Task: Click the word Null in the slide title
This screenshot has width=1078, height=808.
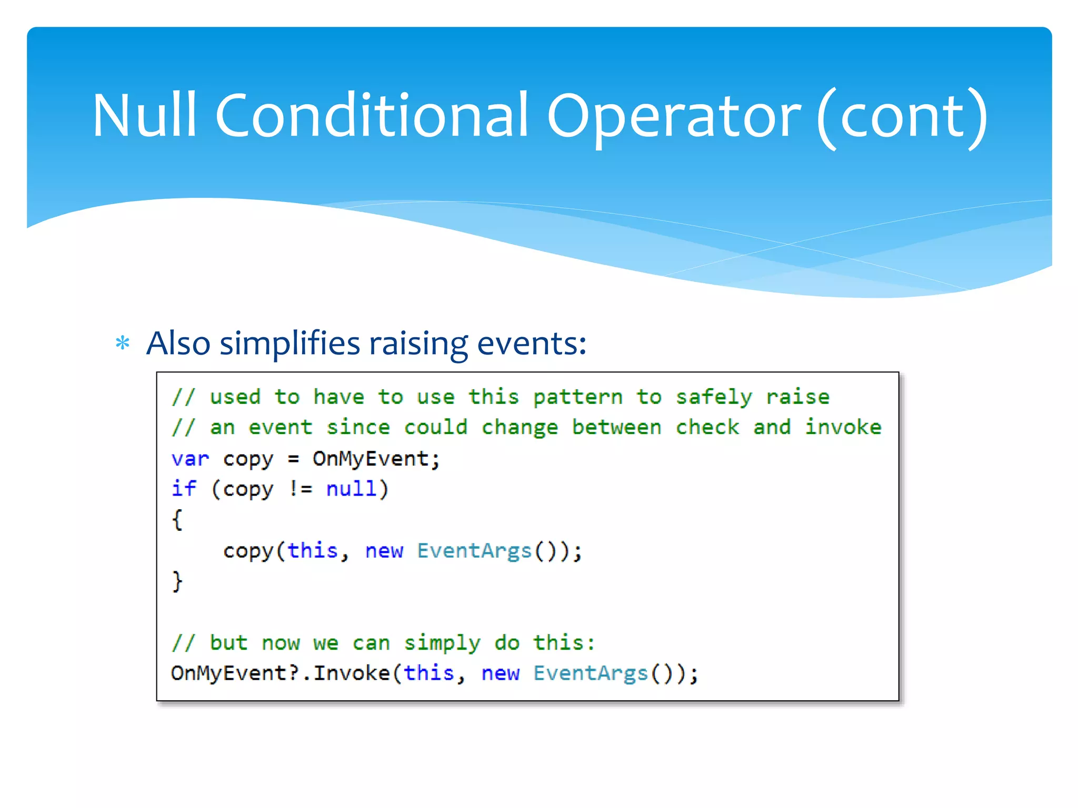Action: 145,116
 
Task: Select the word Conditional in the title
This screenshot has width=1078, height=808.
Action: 371,116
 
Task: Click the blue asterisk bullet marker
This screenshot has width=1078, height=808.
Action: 123,344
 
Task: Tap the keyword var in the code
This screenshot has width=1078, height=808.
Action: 190,459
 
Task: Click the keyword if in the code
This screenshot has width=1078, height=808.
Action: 184,489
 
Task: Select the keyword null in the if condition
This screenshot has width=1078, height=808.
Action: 352,489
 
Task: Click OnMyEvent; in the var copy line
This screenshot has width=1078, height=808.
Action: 376,459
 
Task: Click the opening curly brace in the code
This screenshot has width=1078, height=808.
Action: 177,520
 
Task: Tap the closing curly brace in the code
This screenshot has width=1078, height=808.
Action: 177,581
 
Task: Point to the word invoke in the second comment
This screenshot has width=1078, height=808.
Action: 843,428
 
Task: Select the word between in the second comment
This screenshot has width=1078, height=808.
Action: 616,428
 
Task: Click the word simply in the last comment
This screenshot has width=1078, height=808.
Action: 442,643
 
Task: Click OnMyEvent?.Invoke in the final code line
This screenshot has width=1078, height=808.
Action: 280,673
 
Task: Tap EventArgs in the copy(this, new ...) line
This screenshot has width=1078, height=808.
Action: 474,551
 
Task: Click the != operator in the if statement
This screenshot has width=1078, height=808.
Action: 301,489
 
